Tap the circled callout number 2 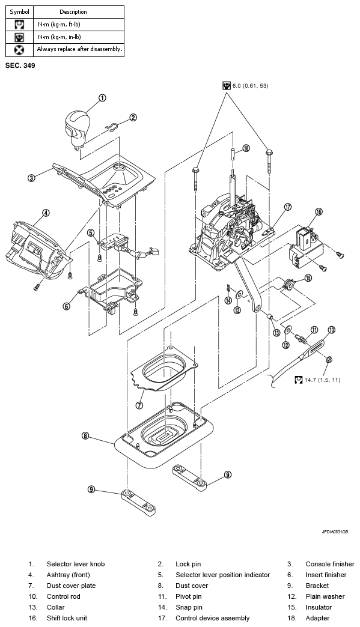coord(133,118)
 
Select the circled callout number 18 coord(246,148)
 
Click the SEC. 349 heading coord(20,65)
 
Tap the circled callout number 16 coord(319,212)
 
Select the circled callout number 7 coord(139,405)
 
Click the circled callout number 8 coord(85,435)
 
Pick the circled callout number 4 coord(46,213)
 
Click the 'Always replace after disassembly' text coord(79,49)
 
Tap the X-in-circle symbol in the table coord(19,50)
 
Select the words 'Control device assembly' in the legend coord(212,618)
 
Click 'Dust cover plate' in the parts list coord(71,586)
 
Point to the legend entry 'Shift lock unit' coord(67,618)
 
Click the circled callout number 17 coord(288,207)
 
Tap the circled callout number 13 coord(277,333)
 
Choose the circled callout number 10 coord(331,330)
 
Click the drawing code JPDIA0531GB coord(335,532)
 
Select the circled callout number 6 coord(66,306)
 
